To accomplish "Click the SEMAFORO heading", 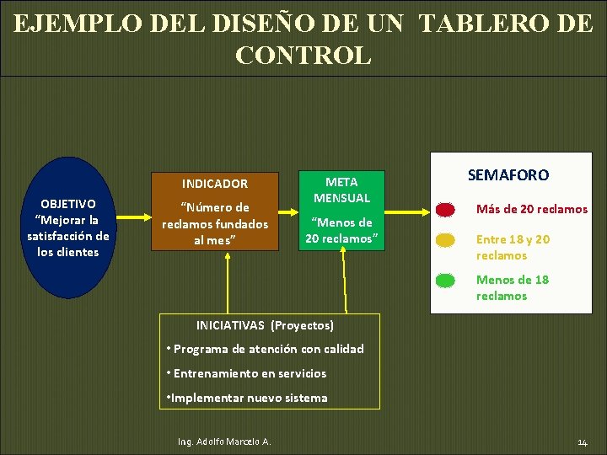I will (x=508, y=175).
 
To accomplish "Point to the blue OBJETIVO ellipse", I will (x=68, y=227).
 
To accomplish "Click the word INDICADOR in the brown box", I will (x=216, y=184).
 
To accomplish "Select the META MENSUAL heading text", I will (x=341, y=190).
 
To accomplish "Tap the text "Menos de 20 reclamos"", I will (x=341, y=230).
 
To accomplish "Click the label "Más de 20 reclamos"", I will (x=532, y=209).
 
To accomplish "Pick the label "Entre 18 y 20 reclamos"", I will (x=513, y=247).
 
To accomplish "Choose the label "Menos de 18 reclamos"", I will (x=513, y=287).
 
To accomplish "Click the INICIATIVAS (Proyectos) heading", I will (x=265, y=325).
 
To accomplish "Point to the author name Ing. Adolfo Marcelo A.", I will (x=224, y=442).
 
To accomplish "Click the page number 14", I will (x=583, y=442).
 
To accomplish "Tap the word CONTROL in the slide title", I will (x=303, y=56).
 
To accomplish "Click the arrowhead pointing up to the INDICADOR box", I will (x=228, y=257).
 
